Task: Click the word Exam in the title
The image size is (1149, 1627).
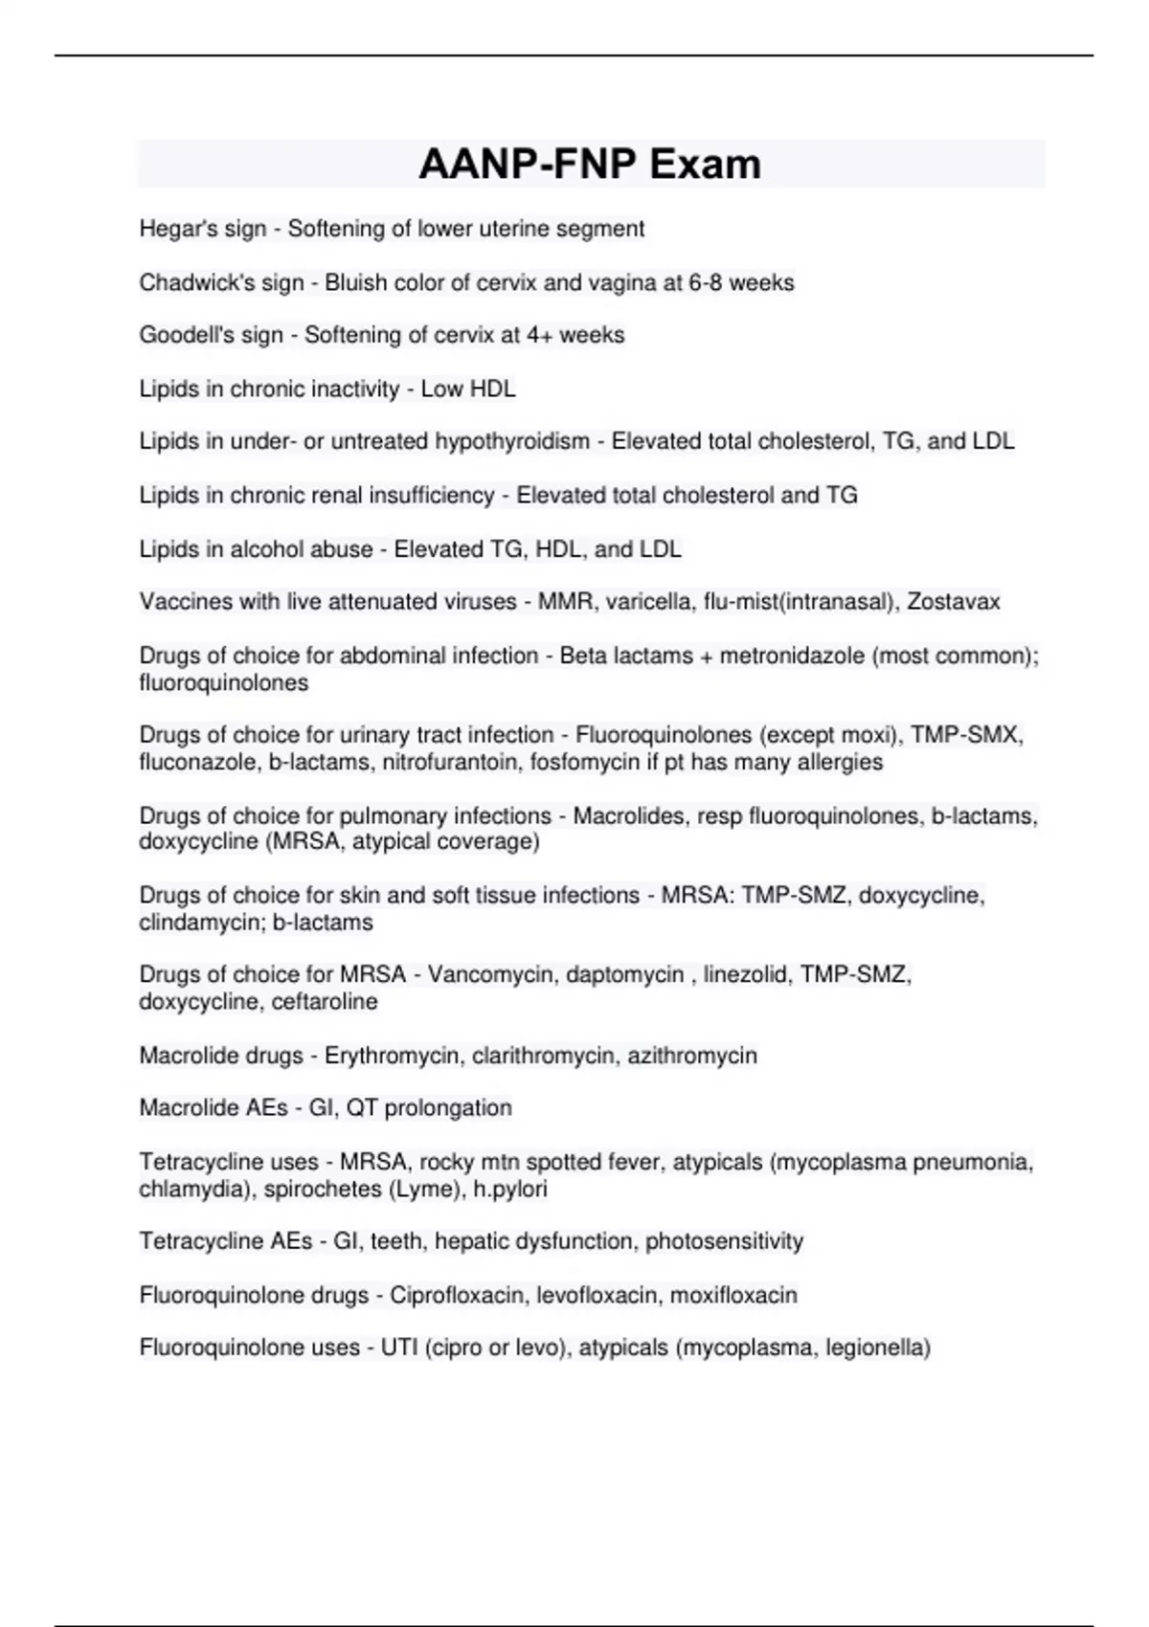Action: [x=706, y=164]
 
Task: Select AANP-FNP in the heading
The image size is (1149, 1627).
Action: [x=529, y=164]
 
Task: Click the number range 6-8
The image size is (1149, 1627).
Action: [x=709, y=282]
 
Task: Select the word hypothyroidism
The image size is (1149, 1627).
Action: [x=512, y=441]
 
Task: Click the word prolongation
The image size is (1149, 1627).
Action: [x=448, y=1108]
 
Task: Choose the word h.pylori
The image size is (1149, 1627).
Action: [x=510, y=1189]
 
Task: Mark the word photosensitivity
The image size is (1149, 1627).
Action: [x=724, y=1241]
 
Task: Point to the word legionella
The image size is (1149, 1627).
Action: [x=873, y=1348]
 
